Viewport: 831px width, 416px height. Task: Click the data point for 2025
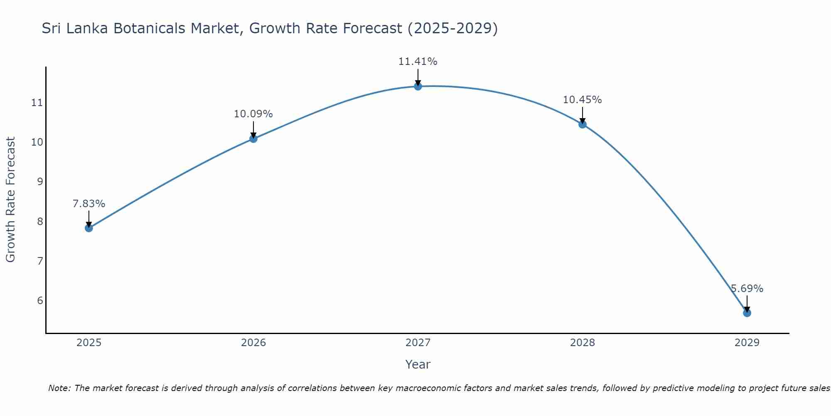[89, 228]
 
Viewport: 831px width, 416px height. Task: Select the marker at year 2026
[253, 139]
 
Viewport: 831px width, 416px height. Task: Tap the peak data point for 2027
[418, 86]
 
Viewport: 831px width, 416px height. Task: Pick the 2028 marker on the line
[582, 124]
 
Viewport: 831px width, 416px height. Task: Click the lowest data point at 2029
[747, 313]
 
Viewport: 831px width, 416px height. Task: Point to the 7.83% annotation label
[89, 204]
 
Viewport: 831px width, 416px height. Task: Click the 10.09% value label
[253, 114]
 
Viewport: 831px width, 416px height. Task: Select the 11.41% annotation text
[418, 62]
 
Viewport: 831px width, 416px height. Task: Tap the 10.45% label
[582, 100]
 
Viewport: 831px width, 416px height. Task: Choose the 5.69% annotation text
[747, 289]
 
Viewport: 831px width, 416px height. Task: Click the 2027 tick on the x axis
[418, 343]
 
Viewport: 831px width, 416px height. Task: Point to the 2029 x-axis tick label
[747, 343]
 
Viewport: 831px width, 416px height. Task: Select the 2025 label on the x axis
[89, 343]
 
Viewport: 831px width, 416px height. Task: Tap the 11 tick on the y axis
[37, 102]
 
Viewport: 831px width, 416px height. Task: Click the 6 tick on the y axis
[40, 300]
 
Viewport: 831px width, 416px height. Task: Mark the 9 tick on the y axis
[40, 181]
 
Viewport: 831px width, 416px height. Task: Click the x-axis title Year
[418, 364]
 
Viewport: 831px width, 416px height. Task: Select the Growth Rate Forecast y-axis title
[10, 200]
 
